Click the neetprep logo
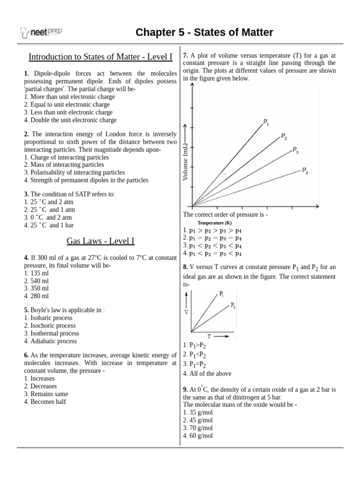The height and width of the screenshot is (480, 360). (42, 32)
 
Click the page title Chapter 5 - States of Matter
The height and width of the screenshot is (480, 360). (204, 32)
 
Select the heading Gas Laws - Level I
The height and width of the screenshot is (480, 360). (100, 241)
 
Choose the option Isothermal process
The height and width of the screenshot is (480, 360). (52, 333)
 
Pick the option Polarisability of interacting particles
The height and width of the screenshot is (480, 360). (75, 172)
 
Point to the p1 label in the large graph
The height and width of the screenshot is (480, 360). (266, 123)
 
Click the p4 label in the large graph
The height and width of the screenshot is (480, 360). (305, 170)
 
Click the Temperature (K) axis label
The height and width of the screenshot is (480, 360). (214, 223)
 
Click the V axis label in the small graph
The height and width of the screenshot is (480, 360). (187, 312)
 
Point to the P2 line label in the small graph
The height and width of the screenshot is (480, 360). (232, 305)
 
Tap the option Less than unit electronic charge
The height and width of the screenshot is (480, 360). (68, 112)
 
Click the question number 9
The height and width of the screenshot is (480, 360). (185, 390)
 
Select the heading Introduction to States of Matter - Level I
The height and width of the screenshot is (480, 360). (100, 57)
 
